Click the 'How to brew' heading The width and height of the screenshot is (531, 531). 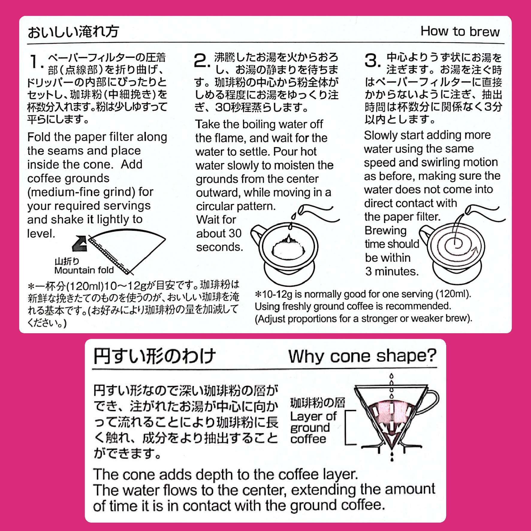coord(460,31)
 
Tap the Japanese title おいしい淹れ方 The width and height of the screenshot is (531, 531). coord(73,32)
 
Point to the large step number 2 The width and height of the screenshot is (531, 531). coord(202,61)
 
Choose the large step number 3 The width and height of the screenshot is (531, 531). coord(373,61)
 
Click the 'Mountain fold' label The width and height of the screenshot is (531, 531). coord(84,270)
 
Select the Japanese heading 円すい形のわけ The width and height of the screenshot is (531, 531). coord(154,356)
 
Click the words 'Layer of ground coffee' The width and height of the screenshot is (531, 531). coord(313,427)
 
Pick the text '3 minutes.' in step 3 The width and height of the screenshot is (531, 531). coord(392,271)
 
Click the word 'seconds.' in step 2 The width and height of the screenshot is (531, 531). coord(219,247)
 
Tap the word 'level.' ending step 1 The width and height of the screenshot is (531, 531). coord(41,233)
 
